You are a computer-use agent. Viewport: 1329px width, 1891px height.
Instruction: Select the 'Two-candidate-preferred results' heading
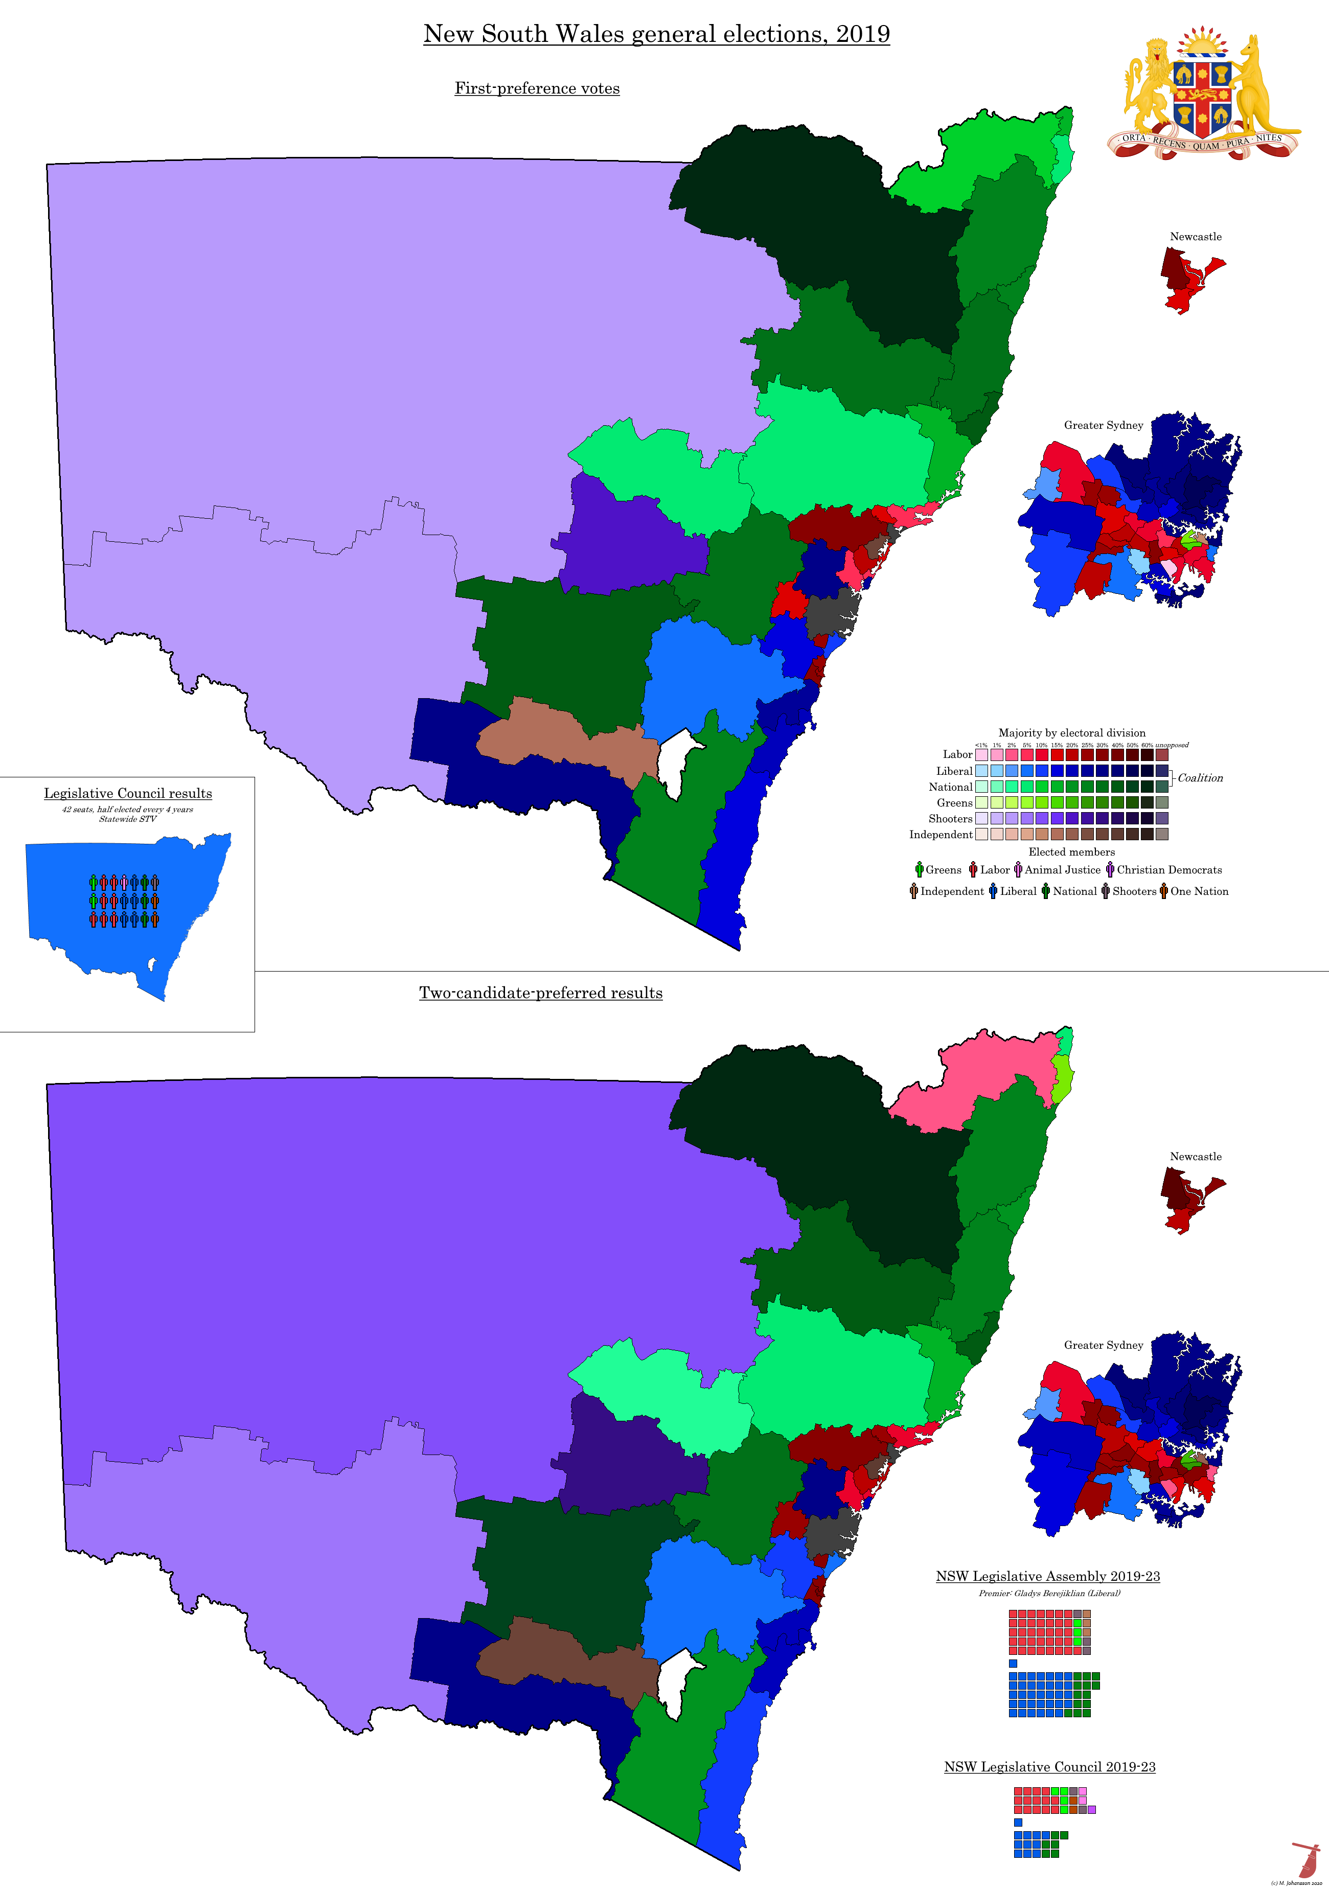click(x=540, y=993)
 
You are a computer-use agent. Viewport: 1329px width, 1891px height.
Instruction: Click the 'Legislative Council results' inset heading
click(x=128, y=793)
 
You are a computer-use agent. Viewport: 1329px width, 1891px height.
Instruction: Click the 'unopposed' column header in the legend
click(x=1172, y=745)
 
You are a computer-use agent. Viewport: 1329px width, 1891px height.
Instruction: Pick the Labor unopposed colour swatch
click(x=1162, y=754)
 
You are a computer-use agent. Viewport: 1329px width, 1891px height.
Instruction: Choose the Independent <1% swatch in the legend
click(x=981, y=834)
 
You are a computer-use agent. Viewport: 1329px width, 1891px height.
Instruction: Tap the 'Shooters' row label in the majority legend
click(x=950, y=819)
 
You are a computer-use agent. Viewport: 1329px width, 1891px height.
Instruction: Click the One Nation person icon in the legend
click(x=1163, y=891)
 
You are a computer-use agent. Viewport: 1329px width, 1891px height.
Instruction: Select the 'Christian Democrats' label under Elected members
click(x=1169, y=870)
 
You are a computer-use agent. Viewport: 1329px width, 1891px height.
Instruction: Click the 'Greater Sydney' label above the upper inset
click(x=1103, y=425)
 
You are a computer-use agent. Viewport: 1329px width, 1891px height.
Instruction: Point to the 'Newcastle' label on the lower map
click(x=1196, y=1157)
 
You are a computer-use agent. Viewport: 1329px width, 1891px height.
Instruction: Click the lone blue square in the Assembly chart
click(x=1013, y=1664)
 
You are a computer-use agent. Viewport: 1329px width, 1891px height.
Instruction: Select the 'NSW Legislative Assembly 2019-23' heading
click(x=1047, y=1576)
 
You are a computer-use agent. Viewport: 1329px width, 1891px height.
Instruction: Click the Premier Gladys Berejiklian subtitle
click(x=1049, y=1593)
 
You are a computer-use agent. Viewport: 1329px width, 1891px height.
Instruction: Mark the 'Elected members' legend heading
click(x=1071, y=851)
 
